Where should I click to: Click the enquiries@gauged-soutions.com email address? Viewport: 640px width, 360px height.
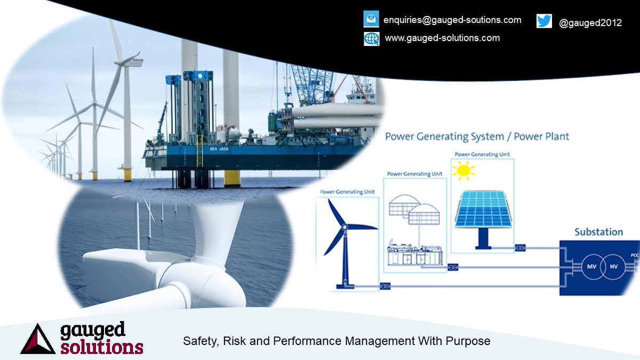[x=452, y=20]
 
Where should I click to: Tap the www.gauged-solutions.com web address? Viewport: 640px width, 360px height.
[x=442, y=38]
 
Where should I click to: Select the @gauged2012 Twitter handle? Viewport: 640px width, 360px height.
[x=590, y=23]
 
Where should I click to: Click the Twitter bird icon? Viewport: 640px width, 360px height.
[x=544, y=21]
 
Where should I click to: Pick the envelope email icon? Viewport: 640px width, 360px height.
[x=371, y=19]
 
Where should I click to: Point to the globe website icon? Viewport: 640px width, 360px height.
[x=371, y=38]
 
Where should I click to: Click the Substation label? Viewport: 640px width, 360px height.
[x=598, y=232]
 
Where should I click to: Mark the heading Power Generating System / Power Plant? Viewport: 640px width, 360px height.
[x=477, y=137]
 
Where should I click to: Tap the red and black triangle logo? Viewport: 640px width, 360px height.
[x=38, y=339]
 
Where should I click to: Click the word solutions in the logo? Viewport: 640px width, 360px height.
[x=101, y=347]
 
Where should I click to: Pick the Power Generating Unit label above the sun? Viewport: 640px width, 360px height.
[x=482, y=155]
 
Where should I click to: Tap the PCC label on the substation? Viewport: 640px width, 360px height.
[x=635, y=256]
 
